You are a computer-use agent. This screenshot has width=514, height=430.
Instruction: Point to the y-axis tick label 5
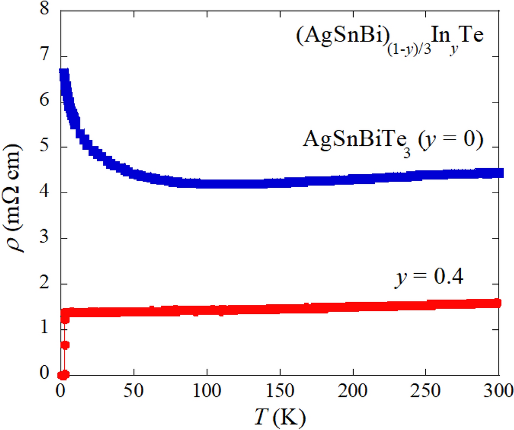tap(45, 148)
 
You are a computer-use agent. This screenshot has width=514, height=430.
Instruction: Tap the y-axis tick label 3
tap(45, 238)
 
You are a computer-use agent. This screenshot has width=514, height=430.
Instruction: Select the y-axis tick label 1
tap(45, 329)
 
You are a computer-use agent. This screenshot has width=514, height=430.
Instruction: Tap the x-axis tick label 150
tap(280, 391)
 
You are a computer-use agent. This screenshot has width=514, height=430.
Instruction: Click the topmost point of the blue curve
tap(63, 73)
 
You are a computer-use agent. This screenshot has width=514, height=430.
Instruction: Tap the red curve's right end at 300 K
tap(497, 303)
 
